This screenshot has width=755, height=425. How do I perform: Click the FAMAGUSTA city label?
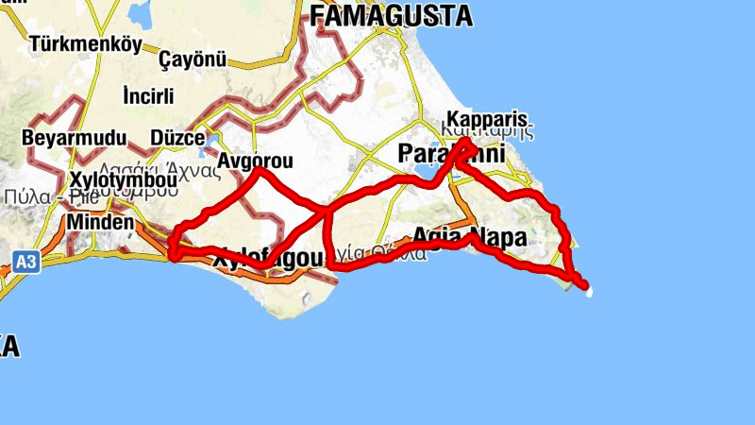[x=391, y=15]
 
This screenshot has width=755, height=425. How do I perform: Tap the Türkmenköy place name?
[x=85, y=43]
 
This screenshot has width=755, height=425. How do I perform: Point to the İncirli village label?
[x=148, y=95]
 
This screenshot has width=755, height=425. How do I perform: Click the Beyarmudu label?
[x=74, y=138]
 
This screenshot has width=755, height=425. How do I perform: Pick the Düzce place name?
[x=177, y=138]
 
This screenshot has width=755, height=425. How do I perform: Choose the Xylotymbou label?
[x=124, y=179]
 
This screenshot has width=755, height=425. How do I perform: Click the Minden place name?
[x=99, y=222]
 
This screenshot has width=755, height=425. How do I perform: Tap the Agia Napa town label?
[x=469, y=238]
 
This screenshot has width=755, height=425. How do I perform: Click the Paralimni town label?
[x=451, y=153]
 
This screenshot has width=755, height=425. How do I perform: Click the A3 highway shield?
[x=26, y=262]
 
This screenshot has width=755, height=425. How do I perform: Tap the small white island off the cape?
[x=590, y=294]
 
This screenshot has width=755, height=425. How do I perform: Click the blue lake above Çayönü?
[x=143, y=13]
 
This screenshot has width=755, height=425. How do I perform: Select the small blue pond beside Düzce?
[x=210, y=142]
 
